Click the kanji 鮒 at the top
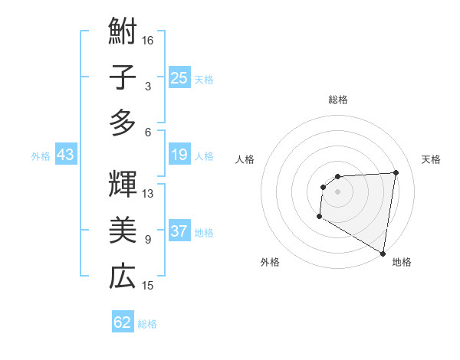tap(123, 34)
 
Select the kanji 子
tap(123, 78)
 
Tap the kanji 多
tap(123, 123)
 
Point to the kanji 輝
tap(123, 186)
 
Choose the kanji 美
tap(123, 231)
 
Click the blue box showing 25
tap(179, 78)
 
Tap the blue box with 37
tap(179, 232)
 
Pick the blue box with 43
tap(66, 155)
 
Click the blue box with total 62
tap(123, 322)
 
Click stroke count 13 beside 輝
tap(149, 194)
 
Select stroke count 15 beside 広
tap(149, 286)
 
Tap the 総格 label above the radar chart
tap(337, 100)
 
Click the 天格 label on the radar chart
tap(431, 159)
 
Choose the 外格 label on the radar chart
tap(270, 262)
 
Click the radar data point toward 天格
tap(396, 172)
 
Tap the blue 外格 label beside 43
tap(41, 156)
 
